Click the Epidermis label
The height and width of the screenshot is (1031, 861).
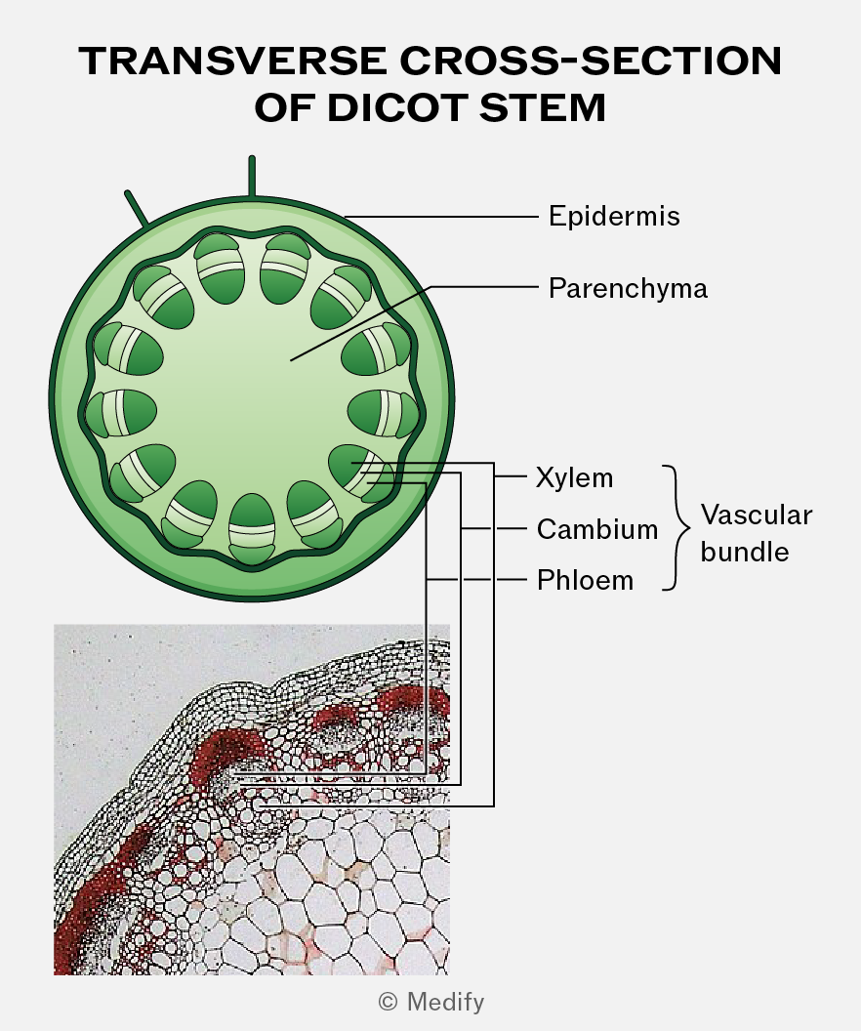(614, 217)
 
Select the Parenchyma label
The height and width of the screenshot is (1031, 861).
(628, 289)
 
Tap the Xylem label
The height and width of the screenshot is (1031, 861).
(574, 477)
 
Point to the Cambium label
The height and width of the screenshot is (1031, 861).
(597, 528)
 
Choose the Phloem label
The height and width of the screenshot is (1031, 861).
(585, 580)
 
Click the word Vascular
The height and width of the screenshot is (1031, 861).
(757, 515)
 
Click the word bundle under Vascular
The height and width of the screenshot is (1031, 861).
(745, 552)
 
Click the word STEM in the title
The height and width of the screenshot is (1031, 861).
(542, 107)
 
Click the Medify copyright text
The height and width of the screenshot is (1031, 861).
(431, 1002)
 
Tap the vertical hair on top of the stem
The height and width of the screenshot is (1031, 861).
(252, 176)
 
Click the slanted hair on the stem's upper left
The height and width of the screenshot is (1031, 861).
(137, 208)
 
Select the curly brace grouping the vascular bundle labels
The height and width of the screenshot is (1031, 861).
(676, 528)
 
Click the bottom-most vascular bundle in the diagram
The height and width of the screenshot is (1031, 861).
(252, 528)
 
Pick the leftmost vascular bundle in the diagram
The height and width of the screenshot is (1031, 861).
(121, 414)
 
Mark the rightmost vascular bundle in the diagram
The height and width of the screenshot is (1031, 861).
(384, 414)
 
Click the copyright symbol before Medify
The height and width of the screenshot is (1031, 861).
(388, 1002)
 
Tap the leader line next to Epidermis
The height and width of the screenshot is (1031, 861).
(441, 216)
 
